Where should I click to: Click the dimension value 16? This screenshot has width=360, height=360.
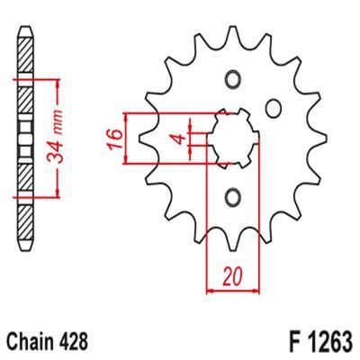point(116,139)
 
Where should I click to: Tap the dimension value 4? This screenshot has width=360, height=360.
point(179,139)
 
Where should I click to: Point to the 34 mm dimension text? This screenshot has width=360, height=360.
point(56,137)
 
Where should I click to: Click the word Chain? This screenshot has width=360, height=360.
point(30,342)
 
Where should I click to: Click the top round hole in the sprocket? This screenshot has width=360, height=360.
point(233,80)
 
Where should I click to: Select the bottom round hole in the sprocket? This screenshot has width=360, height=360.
point(233,197)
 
